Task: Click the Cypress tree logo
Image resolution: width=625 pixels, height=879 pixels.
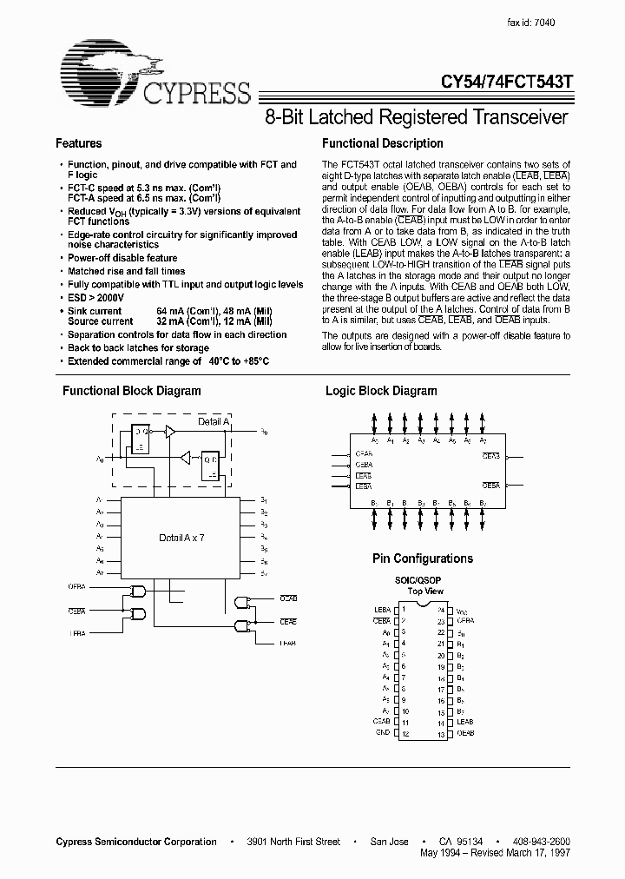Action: (x=100, y=68)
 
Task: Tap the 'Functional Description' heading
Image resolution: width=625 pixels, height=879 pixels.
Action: (x=382, y=143)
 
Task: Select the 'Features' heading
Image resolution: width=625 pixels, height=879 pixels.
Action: (x=78, y=143)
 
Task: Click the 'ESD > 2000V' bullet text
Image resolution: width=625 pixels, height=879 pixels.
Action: (x=97, y=297)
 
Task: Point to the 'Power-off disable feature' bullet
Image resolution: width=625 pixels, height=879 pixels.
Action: (x=122, y=258)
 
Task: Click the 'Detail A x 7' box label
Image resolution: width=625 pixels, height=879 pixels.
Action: (x=182, y=539)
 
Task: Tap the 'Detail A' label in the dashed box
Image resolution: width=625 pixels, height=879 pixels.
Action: (x=214, y=421)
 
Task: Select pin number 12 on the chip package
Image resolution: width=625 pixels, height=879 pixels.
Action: (x=405, y=734)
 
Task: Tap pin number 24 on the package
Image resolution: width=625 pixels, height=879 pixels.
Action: (x=440, y=610)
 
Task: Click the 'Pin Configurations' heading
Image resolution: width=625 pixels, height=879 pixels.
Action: (x=423, y=558)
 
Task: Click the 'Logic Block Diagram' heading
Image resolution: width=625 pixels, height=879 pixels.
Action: (x=381, y=391)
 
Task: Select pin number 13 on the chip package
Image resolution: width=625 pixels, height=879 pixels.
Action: (x=440, y=734)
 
